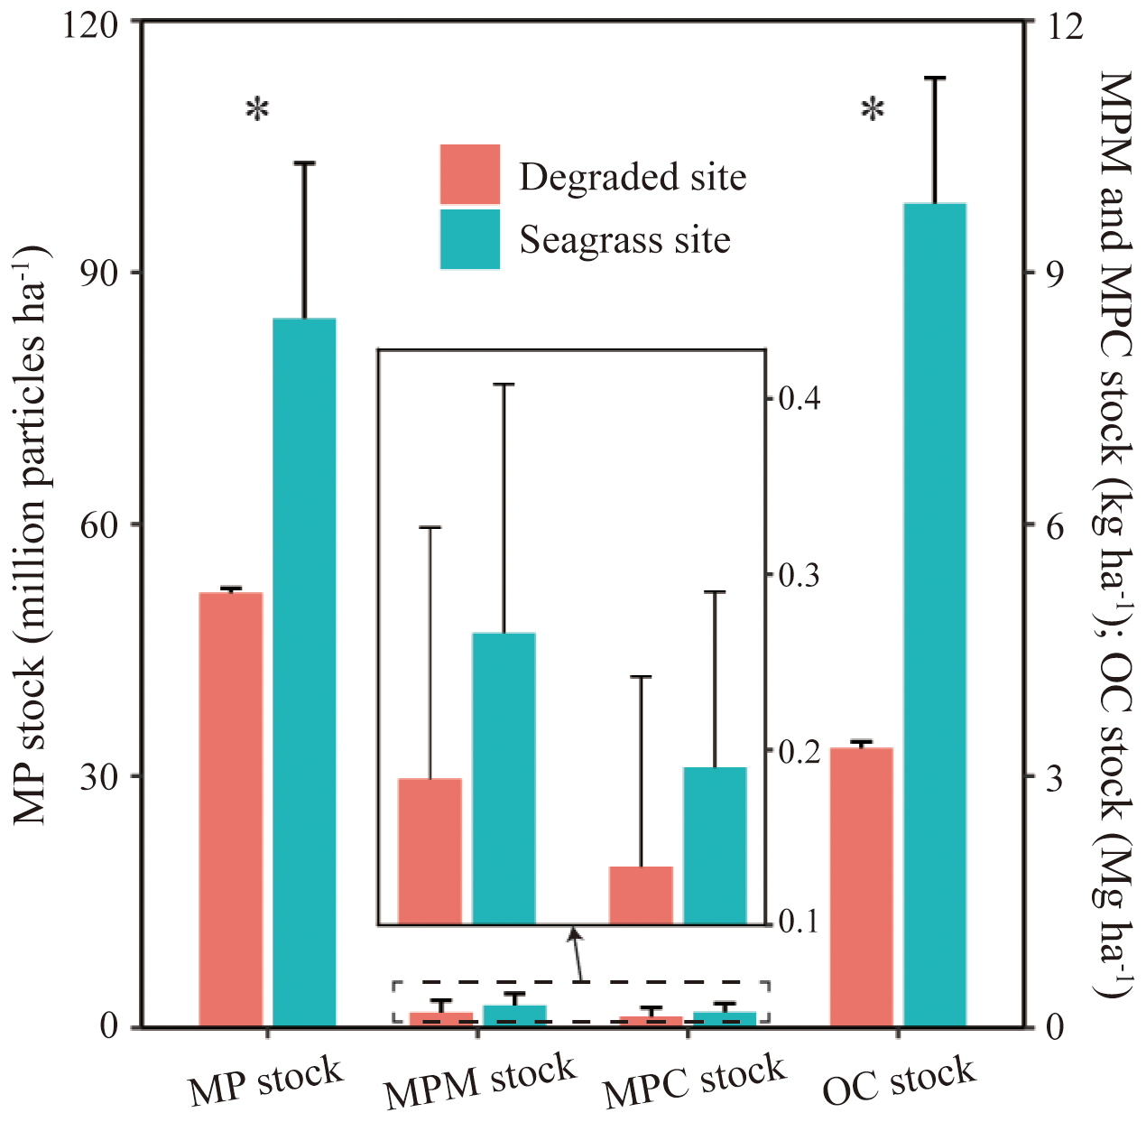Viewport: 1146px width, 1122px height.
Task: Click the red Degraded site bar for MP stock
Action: click(x=230, y=810)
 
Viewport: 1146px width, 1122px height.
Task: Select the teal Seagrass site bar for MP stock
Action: click(x=304, y=672)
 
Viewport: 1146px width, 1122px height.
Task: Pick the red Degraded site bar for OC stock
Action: click(x=861, y=887)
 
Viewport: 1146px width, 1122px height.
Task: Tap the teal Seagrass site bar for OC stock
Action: click(x=936, y=615)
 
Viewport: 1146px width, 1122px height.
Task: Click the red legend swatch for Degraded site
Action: click(x=469, y=174)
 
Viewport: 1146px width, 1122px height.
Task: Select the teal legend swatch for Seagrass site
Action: click(x=469, y=239)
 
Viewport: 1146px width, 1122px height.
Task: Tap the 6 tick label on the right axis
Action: click(x=1051, y=525)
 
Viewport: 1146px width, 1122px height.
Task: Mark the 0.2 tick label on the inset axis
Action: click(x=797, y=750)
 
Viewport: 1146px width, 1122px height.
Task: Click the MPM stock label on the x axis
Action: click(x=479, y=1081)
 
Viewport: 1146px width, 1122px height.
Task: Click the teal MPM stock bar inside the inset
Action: click(x=504, y=778)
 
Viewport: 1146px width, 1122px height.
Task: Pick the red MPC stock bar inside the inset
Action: click(x=641, y=895)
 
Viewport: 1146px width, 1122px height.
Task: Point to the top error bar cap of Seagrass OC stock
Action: click(x=936, y=79)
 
